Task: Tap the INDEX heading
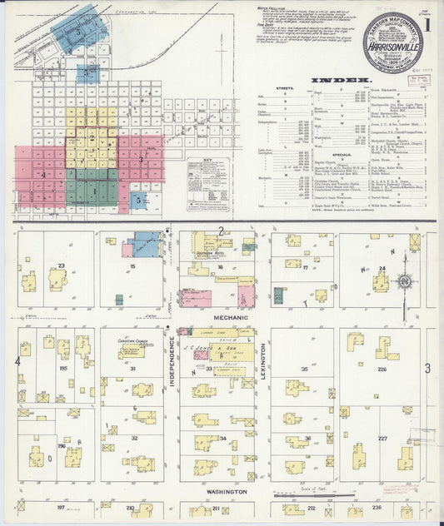coord(328,81)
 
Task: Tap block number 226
coord(382,345)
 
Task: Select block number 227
coord(382,438)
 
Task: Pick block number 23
coord(61,267)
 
